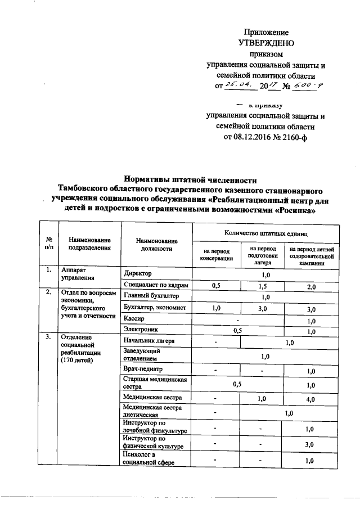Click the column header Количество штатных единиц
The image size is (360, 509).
(x=265, y=232)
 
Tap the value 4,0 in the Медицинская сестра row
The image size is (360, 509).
(x=310, y=398)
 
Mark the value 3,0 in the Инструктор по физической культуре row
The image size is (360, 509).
(x=310, y=444)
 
